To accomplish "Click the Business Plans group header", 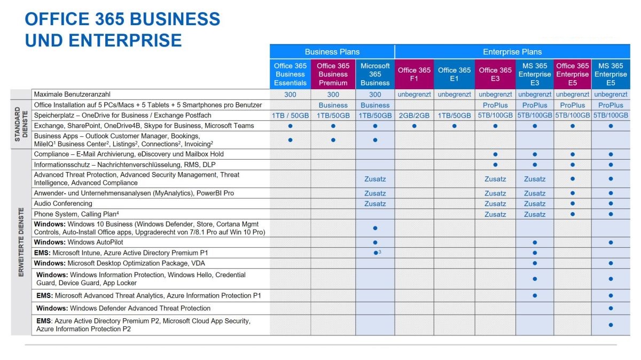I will (x=332, y=52).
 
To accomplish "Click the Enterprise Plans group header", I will (x=512, y=52).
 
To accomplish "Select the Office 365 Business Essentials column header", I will (x=290, y=74).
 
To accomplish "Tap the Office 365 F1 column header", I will (x=414, y=74).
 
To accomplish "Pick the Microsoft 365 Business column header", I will (x=375, y=74).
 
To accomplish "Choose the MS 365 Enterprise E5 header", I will (x=611, y=74).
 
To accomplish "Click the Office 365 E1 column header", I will (x=454, y=74).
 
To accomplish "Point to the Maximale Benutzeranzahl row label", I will (x=72, y=94).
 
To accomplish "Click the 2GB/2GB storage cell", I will (x=414, y=115).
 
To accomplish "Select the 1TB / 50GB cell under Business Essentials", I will (x=290, y=115).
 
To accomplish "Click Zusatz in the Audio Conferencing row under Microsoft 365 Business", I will (x=375, y=204).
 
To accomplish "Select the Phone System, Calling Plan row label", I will (x=69, y=214).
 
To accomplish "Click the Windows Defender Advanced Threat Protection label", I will (x=123, y=308).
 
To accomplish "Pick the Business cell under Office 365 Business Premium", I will (x=333, y=105).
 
